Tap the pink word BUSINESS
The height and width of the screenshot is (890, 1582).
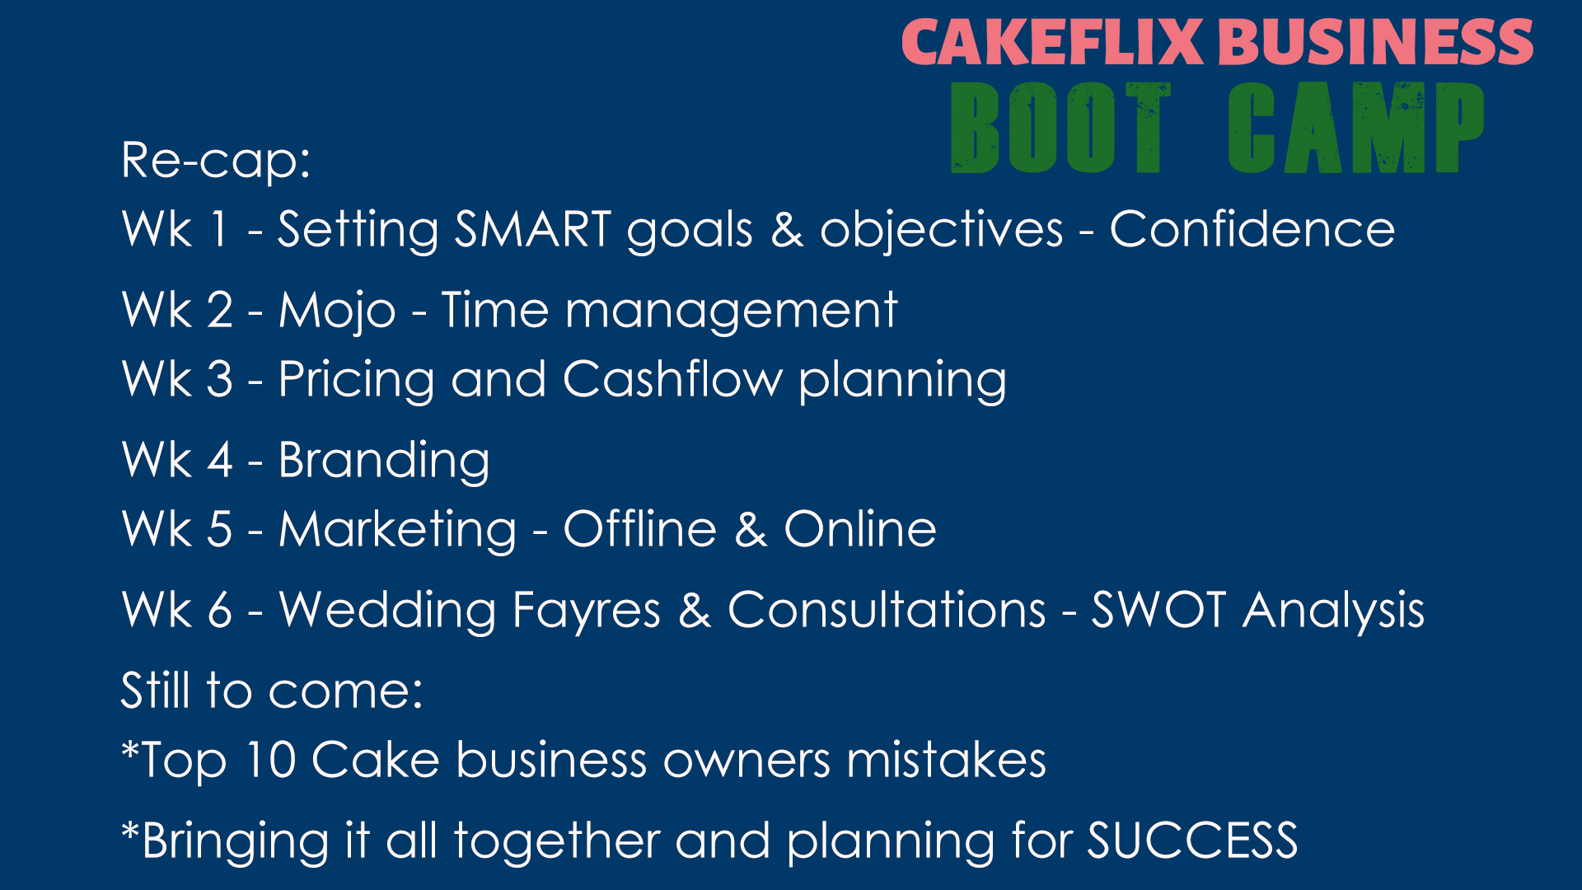click(1375, 42)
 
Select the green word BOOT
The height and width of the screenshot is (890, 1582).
click(1060, 128)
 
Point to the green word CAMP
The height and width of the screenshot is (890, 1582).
click(1356, 128)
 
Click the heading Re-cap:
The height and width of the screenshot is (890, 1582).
click(216, 160)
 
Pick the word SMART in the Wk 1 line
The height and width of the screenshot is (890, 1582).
click(533, 228)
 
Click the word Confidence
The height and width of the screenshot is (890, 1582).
click(1252, 228)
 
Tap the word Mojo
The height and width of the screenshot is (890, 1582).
click(337, 311)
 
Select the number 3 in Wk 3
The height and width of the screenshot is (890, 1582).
click(219, 379)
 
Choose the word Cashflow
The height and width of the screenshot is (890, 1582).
click(672, 379)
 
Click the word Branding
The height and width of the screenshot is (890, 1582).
click(384, 461)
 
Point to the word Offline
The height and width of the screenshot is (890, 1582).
click(640, 529)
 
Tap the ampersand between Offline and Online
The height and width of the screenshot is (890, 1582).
click(751, 530)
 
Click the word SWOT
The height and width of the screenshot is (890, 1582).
click(1159, 610)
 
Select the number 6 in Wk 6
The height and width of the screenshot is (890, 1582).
click(220, 611)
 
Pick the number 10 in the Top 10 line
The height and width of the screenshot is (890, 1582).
click(271, 760)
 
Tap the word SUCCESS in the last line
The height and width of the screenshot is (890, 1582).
click(1192, 841)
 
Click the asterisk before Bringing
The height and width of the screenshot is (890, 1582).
click(130, 829)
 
